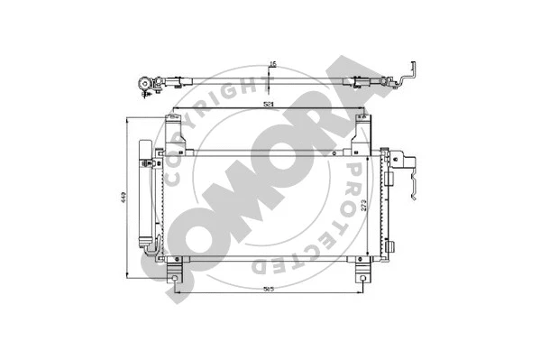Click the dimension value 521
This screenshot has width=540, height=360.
point(270,106)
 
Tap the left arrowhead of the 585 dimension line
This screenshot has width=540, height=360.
point(170,293)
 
